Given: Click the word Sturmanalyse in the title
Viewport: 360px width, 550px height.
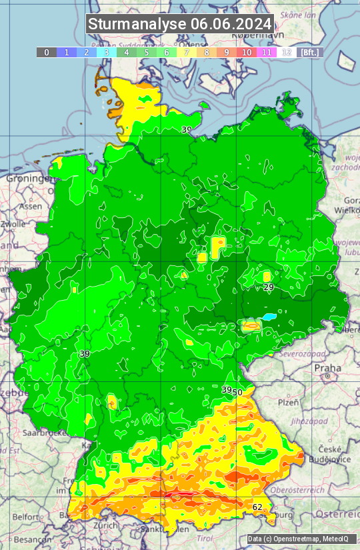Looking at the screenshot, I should coord(137,24).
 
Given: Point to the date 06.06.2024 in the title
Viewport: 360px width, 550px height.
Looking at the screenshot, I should coord(231,24).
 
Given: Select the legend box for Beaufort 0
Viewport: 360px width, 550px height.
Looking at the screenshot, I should coord(47,52).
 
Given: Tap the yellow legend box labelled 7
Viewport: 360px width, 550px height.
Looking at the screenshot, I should coord(187,52).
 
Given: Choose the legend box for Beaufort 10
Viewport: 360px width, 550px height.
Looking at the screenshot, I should coord(247,52).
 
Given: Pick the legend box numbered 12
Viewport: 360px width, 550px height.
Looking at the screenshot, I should coord(287,52).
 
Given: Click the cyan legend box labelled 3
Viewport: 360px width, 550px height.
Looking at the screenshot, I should coord(107,52).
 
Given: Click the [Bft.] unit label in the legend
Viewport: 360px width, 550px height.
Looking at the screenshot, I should coord(310,52).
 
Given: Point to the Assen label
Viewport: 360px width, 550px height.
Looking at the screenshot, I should coord(29,207).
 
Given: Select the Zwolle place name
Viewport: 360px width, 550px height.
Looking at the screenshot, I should coord(13,225).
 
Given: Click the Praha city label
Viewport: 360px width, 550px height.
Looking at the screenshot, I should coord(327,367).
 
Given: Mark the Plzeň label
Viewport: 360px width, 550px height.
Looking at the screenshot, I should coord(287,403).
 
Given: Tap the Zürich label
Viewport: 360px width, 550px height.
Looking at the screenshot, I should coord(105,525).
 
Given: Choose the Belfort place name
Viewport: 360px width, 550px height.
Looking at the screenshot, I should coord(25,516).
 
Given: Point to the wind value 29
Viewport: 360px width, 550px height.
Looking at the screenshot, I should coord(269,287).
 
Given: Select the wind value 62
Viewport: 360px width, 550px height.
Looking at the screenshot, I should coord(257,507).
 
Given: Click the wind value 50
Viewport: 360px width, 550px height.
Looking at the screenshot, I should coord(237,392).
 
